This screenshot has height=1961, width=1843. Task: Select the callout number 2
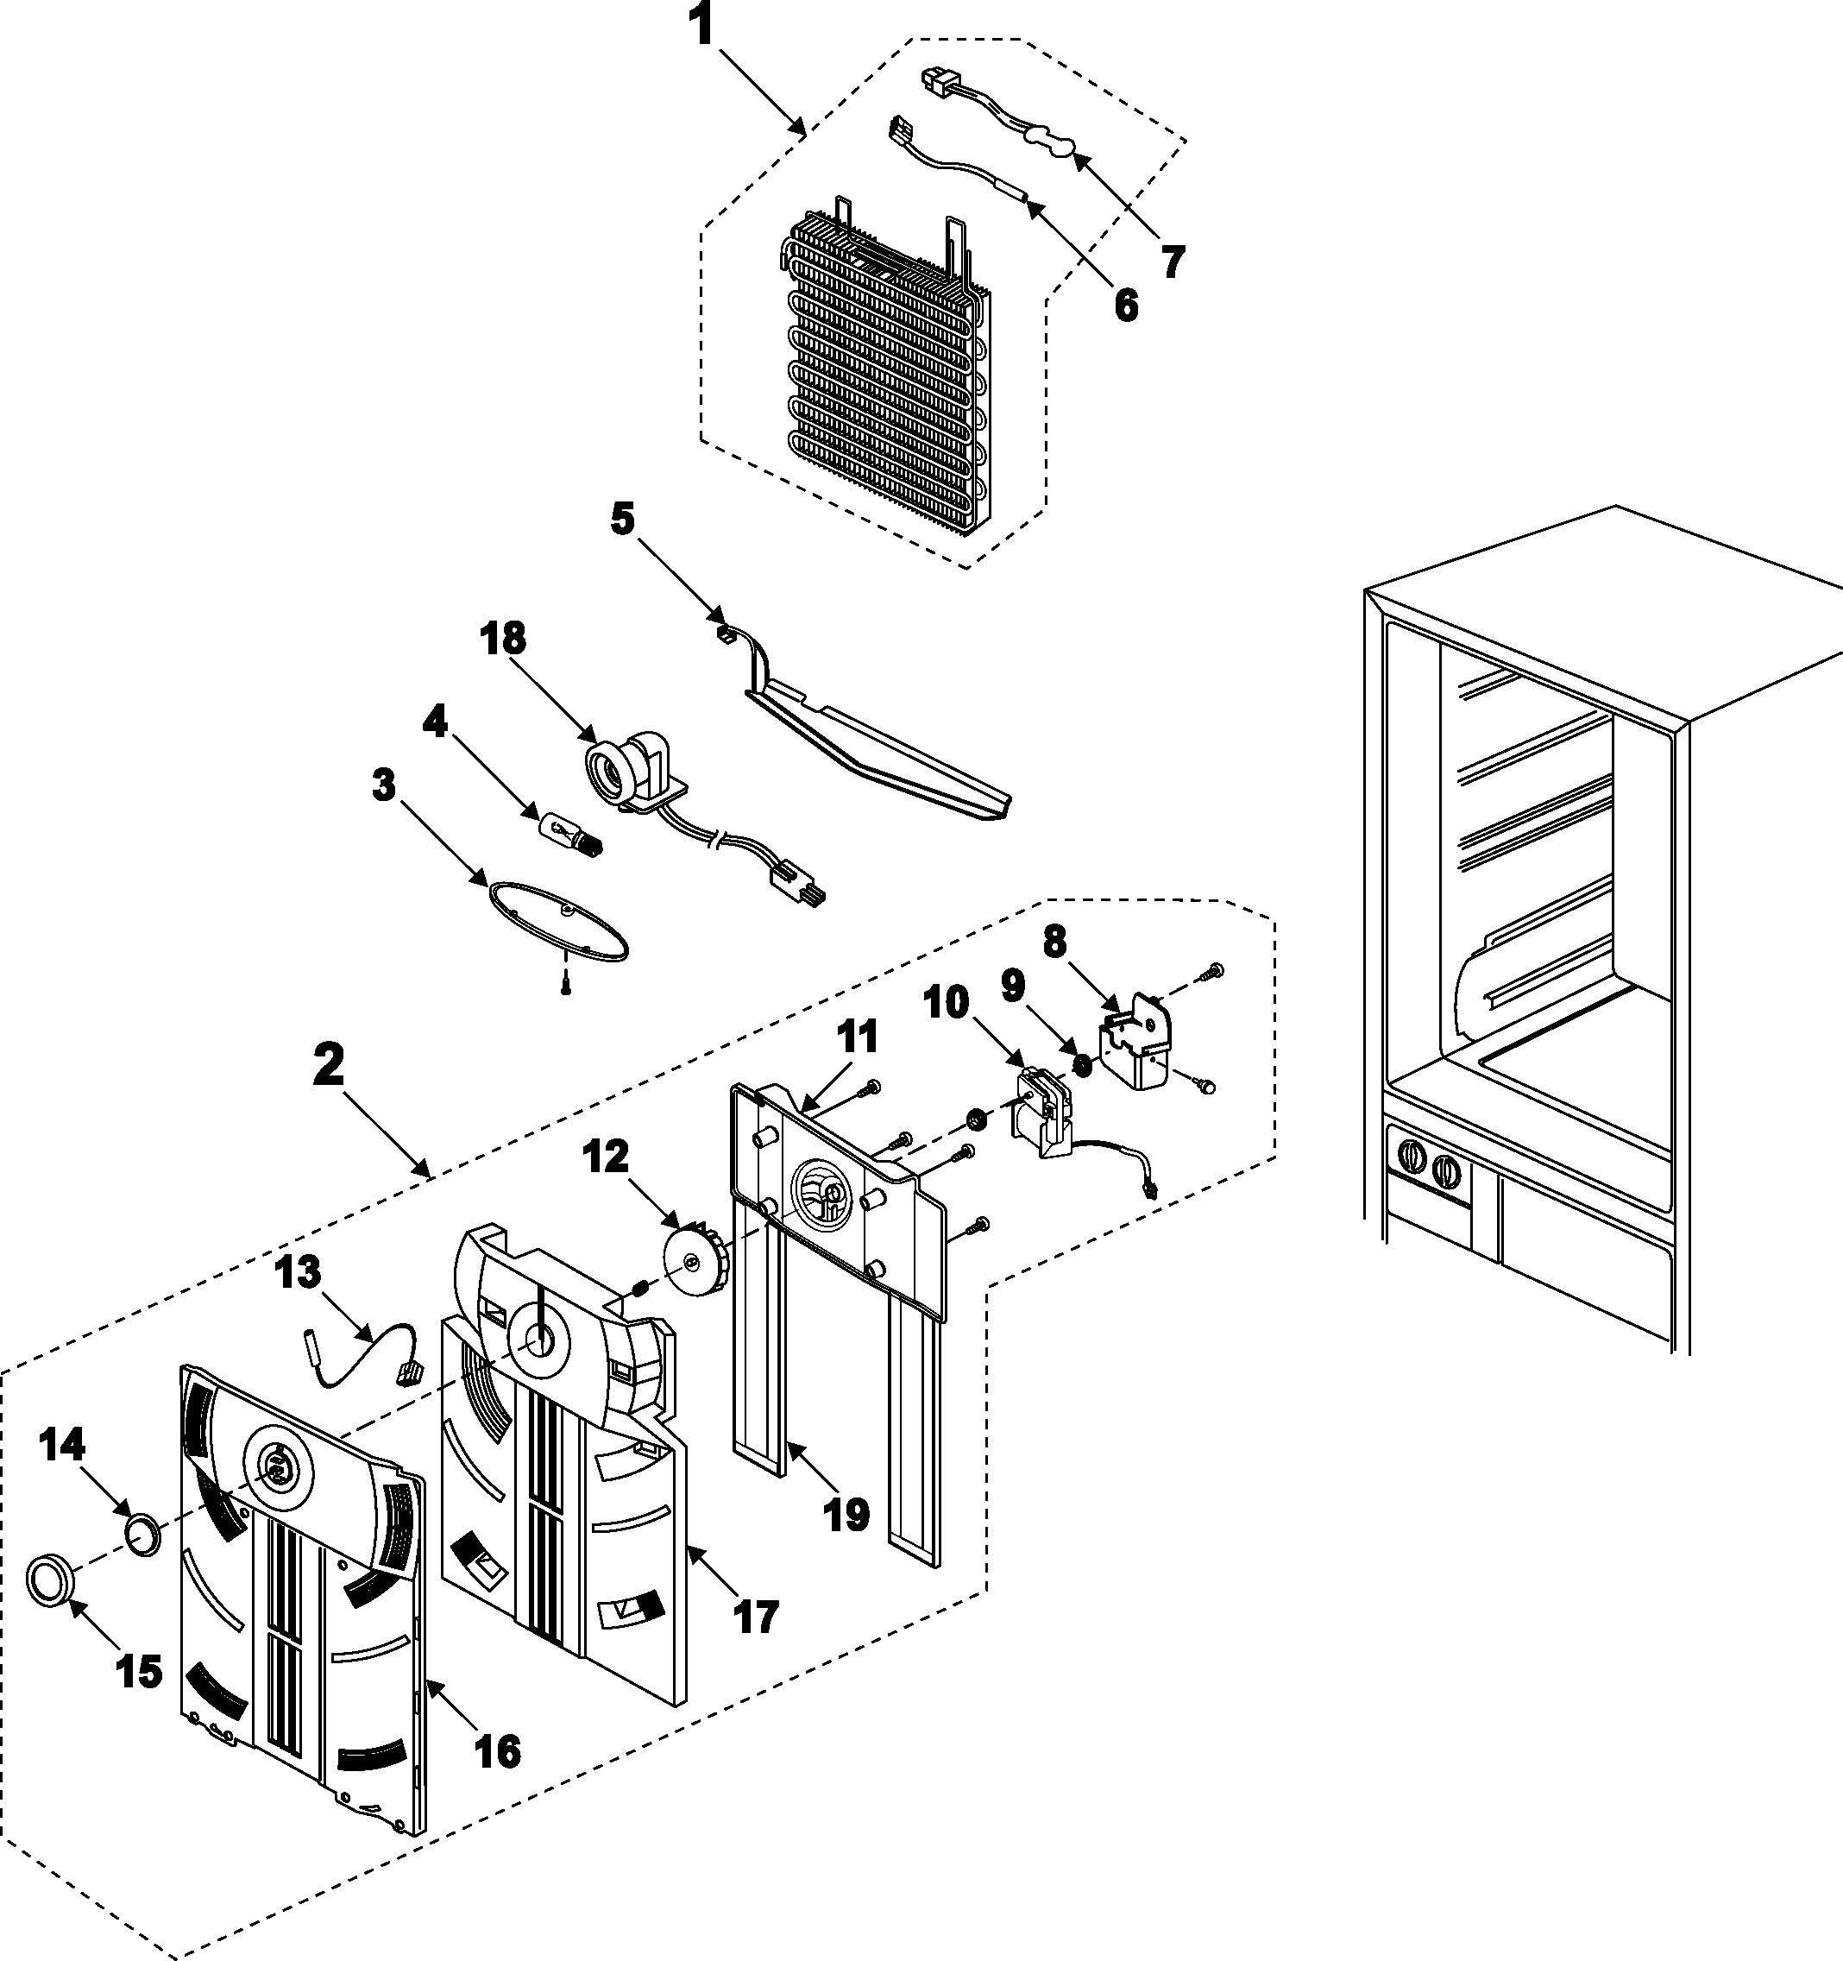330,1065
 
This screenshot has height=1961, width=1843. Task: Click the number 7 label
1171,262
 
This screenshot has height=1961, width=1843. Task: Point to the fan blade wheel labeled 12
695,1258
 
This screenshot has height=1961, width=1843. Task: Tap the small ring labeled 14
143,1535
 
